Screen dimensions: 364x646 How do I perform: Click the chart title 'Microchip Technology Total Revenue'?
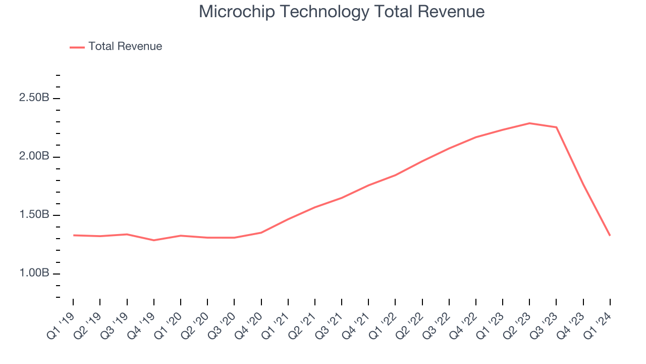coord(342,12)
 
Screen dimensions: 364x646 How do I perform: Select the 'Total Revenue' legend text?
coord(125,47)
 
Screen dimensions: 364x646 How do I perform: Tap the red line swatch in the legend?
coord(77,47)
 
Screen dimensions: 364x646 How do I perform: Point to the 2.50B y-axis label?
coord(34,98)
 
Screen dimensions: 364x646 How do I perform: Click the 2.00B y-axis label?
coord(34,156)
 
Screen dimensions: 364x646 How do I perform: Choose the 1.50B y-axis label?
coord(34,215)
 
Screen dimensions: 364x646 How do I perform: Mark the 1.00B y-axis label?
coord(34,274)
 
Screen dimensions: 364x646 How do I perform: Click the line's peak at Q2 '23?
coord(529,123)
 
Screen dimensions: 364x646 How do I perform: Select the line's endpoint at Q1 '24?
coord(610,235)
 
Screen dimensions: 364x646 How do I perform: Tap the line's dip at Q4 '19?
coord(153,240)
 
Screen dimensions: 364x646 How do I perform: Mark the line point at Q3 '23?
coord(556,127)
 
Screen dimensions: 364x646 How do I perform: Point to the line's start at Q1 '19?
coord(73,235)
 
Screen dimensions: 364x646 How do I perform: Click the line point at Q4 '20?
coord(261,233)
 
